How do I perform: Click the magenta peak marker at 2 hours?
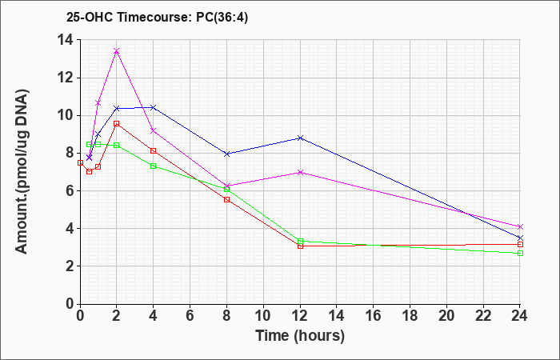coord(117,51)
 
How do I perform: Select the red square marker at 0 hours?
coord(80,163)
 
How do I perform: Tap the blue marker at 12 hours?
coord(300,138)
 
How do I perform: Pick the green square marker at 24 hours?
coord(520,254)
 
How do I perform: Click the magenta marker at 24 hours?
coord(520,226)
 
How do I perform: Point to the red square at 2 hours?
coord(117,123)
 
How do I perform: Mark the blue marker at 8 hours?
coord(226,154)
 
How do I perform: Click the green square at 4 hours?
coord(154,166)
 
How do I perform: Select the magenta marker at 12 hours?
coord(300,173)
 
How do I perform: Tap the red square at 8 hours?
coord(226,200)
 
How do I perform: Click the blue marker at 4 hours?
coord(154,107)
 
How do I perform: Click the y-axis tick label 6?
coord(69,190)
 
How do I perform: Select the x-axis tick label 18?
coord(410,316)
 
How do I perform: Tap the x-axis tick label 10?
coord(263,316)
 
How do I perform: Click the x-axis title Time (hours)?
coord(300,336)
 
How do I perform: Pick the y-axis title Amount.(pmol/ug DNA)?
coord(22,171)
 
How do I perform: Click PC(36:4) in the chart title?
coord(222,18)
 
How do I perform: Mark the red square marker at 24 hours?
coord(520,244)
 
